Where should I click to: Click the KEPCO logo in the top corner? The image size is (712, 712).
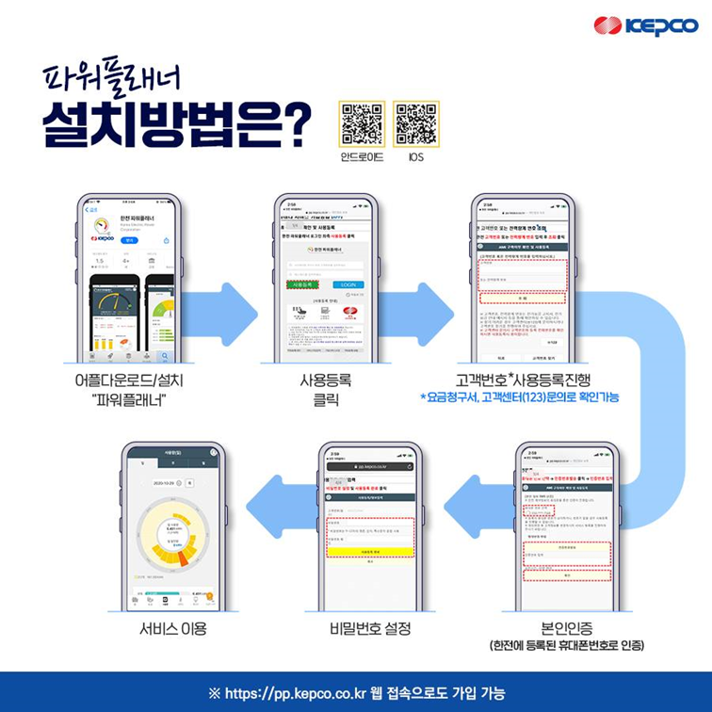645,25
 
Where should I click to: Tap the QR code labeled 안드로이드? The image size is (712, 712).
362,123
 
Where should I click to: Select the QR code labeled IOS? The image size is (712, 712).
415,123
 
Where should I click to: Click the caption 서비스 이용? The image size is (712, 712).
171,627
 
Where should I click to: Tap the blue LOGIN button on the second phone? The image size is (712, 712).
348,283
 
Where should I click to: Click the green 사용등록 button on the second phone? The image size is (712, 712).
305,283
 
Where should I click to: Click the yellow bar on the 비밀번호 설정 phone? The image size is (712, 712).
370,551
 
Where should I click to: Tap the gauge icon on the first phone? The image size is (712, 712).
103,227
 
